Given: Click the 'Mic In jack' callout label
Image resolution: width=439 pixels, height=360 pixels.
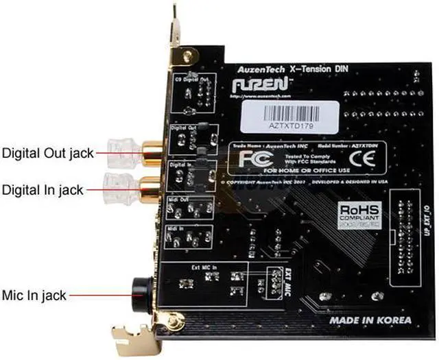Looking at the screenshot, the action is coord(35,295).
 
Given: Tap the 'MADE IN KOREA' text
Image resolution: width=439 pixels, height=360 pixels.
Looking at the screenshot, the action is coord(370,320).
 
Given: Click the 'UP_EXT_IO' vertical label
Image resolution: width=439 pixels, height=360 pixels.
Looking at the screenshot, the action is coord(429,212).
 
